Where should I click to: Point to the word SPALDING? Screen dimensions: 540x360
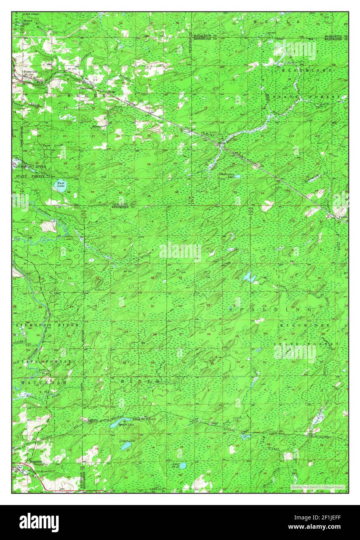click(x=270, y=309)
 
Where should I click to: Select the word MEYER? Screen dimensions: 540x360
click(x=140, y=382)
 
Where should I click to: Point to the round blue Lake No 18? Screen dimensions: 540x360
click(x=182, y=465)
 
